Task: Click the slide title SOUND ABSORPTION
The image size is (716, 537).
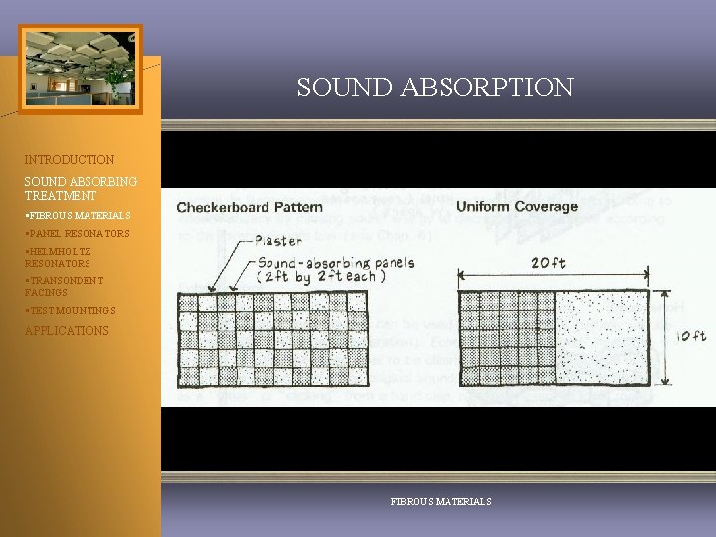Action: coord(435,88)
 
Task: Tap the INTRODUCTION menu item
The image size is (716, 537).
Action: coord(70,159)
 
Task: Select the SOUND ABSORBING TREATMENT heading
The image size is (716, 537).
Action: coord(82,189)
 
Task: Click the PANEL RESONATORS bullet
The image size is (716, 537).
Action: coord(79,234)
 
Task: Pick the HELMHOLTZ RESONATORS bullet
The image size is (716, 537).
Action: coord(59,258)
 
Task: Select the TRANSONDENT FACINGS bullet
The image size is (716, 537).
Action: coord(64,287)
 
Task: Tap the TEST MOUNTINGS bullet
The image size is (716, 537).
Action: coord(72,311)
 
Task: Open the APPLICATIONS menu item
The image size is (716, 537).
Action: coord(67,330)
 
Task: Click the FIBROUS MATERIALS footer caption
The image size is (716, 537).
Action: coord(442,502)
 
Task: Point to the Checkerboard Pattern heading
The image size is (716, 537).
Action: coord(250,207)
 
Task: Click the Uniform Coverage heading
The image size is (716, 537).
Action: coord(516,207)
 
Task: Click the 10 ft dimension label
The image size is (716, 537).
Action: coord(691,337)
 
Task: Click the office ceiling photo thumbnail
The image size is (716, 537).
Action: coord(81,70)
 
